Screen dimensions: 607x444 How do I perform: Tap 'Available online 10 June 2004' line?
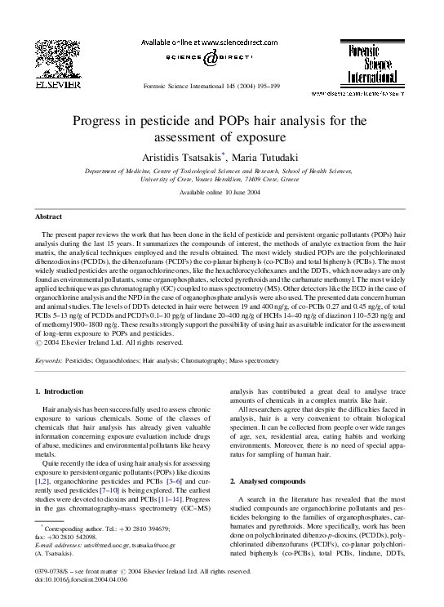click(221, 192)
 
